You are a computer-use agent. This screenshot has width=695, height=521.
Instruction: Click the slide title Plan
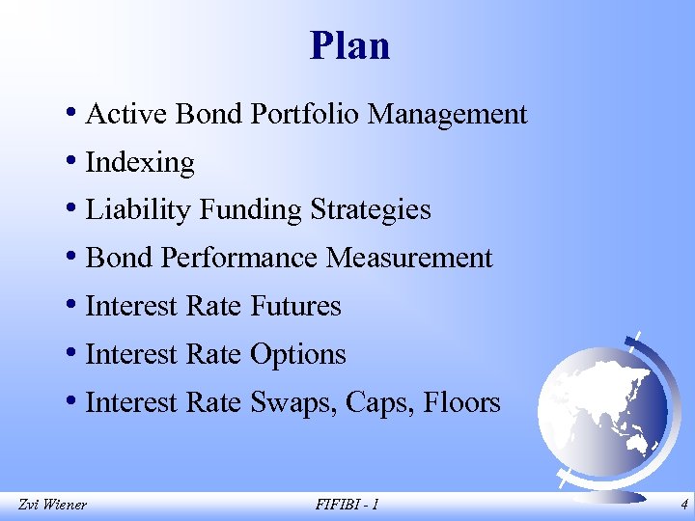tap(349, 46)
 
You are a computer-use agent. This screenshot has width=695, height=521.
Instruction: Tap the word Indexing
tap(140, 163)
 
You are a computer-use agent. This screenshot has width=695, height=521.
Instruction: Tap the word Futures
tap(295, 307)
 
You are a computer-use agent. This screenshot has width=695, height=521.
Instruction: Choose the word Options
tap(297, 355)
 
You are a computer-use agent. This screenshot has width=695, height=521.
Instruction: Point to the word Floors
tap(462, 402)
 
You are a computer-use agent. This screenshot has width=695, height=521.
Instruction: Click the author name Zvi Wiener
tap(52, 504)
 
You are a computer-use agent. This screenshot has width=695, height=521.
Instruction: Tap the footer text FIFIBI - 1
tap(347, 504)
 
